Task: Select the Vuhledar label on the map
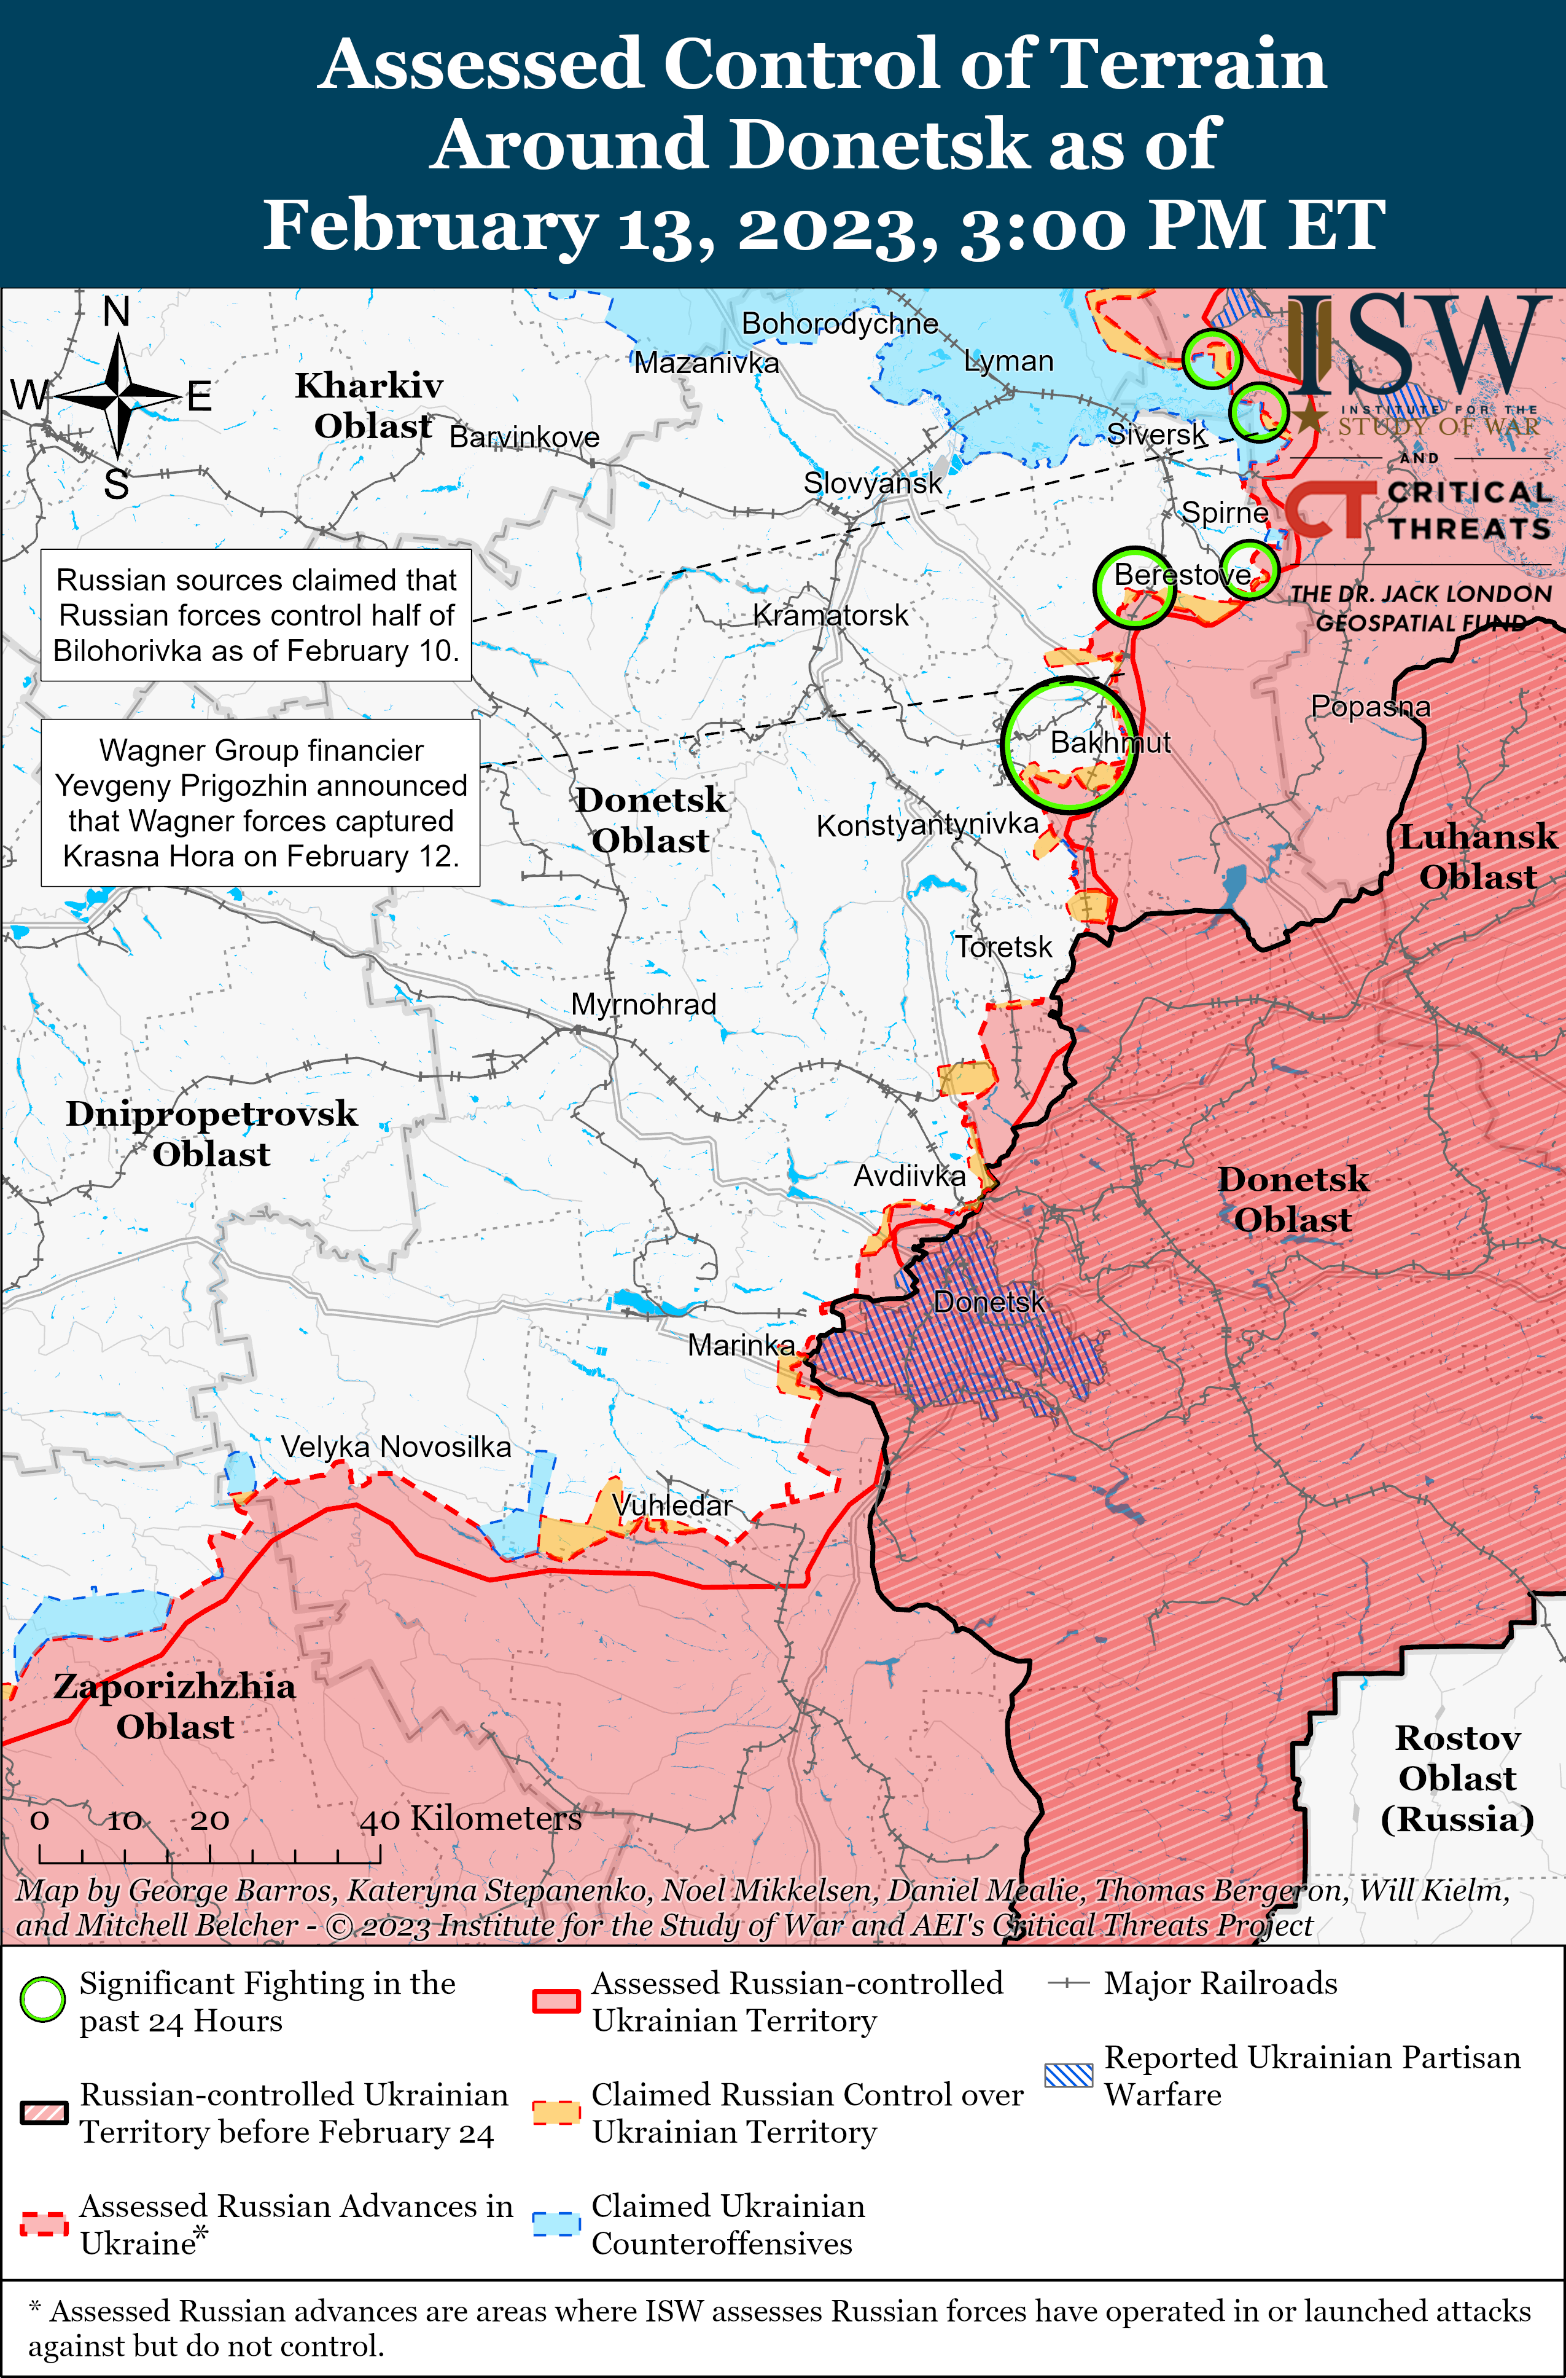click(671, 1505)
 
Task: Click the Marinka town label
click(741, 1345)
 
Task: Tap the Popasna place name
click(1370, 707)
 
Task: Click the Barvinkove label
click(524, 437)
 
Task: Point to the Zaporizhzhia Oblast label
click(175, 1706)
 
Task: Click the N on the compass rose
click(117, 312)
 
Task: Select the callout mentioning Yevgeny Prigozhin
click(260, 802)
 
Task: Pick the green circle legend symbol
click(43, 1999)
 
